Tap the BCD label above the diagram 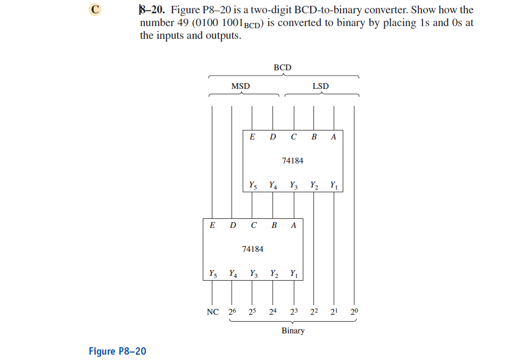[x=283, y=68]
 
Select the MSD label [x=241, y=86]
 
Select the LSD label [x=320, y=86]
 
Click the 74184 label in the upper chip [x=293, y=160]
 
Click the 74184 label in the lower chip [x=252, y=249]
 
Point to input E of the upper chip [x=252, y=137]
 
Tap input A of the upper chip [x=333, y=137]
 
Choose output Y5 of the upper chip [x=252, y=186]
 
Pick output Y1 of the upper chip [x=334, y=186]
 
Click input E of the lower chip [x=212, y=225]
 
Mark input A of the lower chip [x=293, y=225]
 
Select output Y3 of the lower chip [x=253, y=274]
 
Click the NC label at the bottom [x=212, y=312]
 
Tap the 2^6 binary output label [x=233, y=311]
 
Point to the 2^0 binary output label [x=355, y=311]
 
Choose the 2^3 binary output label [x=294, y=311]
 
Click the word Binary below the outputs [x=293, y=331]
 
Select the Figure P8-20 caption [x=117, y=351]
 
